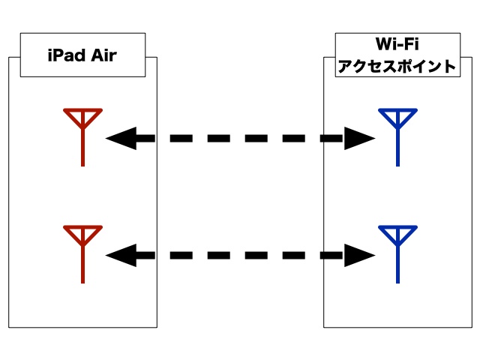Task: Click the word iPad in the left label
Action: (x=67, y=55)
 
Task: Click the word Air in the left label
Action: (x=103, y=55)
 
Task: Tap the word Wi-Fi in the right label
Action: (x=397, y=43)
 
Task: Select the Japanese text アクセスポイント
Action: (x=397, y=66)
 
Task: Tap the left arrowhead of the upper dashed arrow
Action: (x=121, y=138)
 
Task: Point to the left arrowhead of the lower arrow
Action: (x=121, y=255)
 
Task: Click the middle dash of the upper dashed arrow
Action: (x=256, y=138)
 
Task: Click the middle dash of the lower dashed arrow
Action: (x=256, y=255)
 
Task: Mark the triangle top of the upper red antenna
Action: (x=82, y=110)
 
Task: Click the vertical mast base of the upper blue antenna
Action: (x=397, y=165)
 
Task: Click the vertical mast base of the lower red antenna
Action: (x=82, y=282)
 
